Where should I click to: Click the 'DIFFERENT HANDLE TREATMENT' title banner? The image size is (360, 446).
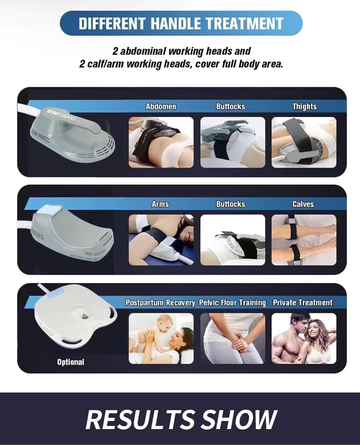180,23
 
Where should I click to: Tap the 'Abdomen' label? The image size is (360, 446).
161,107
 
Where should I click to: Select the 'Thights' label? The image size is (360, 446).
304,107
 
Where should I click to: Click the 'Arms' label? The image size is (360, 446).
160,204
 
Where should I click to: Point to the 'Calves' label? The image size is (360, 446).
303,204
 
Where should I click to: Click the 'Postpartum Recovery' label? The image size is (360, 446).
160,302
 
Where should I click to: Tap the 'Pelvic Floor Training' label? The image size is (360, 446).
233,302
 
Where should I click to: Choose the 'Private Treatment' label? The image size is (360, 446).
302,302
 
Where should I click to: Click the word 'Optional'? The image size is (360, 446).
71,362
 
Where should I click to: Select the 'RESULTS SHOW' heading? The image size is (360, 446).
181,419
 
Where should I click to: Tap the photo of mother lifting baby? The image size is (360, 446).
161,338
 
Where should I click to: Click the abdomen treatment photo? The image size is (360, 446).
161,143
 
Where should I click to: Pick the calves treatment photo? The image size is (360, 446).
304,240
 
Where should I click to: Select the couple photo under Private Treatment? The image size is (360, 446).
304,338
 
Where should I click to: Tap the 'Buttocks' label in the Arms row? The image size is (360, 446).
230,204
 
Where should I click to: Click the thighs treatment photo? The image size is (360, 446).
304,143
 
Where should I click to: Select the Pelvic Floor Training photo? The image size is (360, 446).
232,338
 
